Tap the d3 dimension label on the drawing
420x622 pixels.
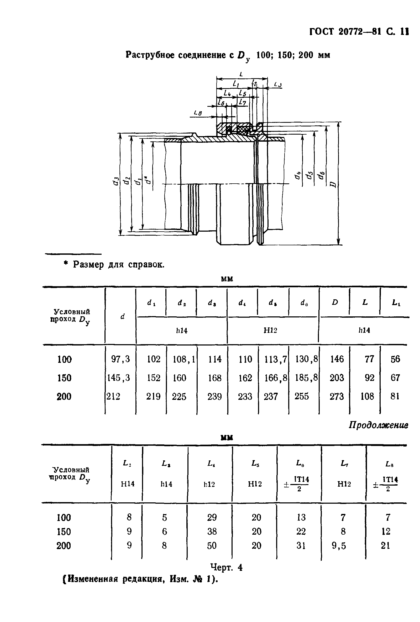(x=116, y=181)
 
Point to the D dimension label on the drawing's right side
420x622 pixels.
(x=333, y=184)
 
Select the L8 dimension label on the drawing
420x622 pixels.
(x=198, y=113)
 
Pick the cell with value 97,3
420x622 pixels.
(x=120, y=359)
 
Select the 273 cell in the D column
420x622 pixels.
(x=337, y=396)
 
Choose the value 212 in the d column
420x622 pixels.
(x=114, y=396)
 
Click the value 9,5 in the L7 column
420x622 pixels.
(x=339, y=546)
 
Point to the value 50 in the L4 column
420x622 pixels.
(x=212, y=546)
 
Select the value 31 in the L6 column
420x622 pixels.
(x=301, y=546)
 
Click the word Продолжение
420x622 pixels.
(x=378, y=425)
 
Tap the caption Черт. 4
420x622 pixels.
(x=226, y=567)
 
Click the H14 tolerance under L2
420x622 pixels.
(x=128, y=484)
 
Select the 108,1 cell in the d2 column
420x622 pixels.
(x=184, y=359)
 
